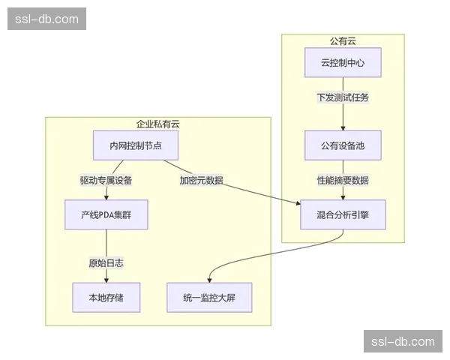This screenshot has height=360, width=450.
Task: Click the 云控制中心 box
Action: coord(343,63)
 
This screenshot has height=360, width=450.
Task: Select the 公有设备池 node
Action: coord(343,145)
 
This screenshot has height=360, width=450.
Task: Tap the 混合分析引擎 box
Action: coord(343,214)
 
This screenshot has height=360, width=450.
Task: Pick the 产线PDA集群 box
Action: coord(106,214)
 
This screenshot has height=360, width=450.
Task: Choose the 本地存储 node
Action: coord(106,297)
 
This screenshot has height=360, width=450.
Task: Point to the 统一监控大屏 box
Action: coord(208,297)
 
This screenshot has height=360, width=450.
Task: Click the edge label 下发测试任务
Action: coord(343,97)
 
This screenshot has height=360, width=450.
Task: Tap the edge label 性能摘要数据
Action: coord(343,180)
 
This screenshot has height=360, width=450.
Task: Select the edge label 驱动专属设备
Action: coord(106,180)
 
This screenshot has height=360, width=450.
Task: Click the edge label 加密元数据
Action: coord(201,180)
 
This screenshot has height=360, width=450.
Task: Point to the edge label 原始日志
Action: coord(106,262)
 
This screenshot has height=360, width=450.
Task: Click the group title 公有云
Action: coord(343,40)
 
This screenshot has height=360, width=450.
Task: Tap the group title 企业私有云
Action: coord(157,124)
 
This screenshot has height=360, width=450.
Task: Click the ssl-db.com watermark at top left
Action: coord(46,19)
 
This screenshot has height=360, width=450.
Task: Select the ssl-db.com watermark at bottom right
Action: coord(403,341)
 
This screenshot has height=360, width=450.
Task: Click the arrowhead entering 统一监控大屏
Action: coord(209,280)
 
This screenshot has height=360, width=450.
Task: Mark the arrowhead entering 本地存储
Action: coord(106,280)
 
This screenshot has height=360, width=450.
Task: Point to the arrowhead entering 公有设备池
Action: coord(343,128)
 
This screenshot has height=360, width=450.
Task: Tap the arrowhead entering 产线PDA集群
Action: coord(106,197)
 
